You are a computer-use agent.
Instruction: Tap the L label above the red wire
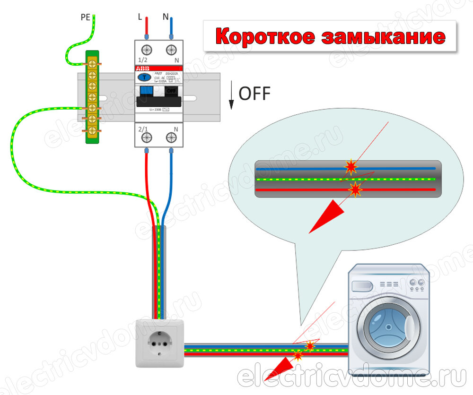(x=140, y=17)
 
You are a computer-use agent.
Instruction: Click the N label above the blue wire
(x=166, y=17)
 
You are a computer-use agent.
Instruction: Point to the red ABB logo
(x=143, y=69)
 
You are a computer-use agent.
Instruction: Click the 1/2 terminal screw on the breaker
(x=147, y=50)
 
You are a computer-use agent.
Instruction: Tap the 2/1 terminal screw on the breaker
(x=147, y=137)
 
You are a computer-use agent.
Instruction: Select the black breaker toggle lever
(x=159, y=100)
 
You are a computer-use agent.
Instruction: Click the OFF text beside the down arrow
(x=254, y=94)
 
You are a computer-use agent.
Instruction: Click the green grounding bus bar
(x=91, y=96)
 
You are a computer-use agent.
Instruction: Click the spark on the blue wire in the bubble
(x=351, y=166)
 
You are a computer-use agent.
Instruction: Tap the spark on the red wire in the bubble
(x=355, y=189)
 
